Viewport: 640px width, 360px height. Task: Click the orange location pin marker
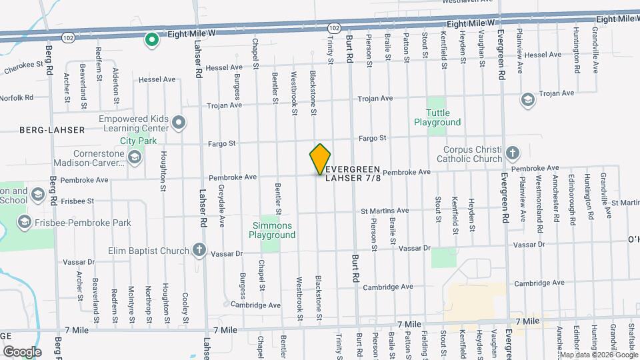[321, 159]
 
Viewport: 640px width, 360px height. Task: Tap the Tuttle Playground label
[437, 118]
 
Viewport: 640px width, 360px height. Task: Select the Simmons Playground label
[271, 230]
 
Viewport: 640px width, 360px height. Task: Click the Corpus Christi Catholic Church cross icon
[512, 153]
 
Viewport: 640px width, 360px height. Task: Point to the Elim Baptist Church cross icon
[199, 251]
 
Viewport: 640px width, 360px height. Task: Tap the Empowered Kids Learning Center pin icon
[178, 122]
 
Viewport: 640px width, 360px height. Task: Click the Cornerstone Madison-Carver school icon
[134, 157]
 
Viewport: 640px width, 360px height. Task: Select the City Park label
[138, 141]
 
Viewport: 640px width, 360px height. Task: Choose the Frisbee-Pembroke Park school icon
[25, 222]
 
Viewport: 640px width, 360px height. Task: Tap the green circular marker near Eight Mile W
[152, 40]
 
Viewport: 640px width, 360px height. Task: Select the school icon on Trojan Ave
[527, 99]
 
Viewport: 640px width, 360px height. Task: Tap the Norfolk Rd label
[17, 97]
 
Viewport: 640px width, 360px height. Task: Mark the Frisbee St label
[78, 199]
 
